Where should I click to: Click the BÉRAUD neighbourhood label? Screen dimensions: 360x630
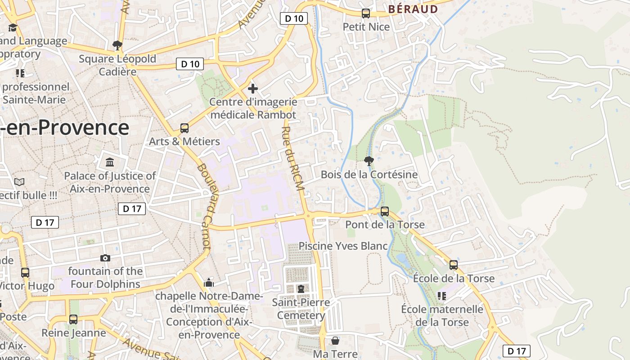tap(413, 9)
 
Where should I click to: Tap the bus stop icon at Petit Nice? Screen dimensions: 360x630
tap(366, 13)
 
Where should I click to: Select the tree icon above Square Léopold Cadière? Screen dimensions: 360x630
tap(117, 45)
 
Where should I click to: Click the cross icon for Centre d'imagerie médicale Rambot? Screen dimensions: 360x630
tap(253, 88)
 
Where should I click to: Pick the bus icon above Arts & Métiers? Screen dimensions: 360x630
tap(184, 128)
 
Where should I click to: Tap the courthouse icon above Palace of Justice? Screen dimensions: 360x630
tap(110, 162)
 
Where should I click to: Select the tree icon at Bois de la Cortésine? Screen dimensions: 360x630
tap(369, 161)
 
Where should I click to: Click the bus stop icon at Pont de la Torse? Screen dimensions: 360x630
tap(385, 211)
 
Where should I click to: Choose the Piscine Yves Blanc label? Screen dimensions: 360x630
tap(343, 246)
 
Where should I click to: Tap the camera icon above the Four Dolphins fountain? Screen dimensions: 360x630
tap(105, 258)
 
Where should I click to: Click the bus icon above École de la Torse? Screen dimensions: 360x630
tap(454, 265)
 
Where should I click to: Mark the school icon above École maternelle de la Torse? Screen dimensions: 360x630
tap(442, 296)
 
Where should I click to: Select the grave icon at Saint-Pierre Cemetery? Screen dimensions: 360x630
tap(301, 288)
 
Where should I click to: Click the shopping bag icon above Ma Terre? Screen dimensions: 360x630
tap(335, 341)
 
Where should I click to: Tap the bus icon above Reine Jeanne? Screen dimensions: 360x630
tap(73, 319)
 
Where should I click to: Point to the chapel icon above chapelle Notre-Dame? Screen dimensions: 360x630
tap(209, 283)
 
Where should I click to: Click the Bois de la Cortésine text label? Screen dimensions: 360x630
tap(369, 174)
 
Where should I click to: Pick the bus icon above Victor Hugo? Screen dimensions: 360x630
tap(25, 272)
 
